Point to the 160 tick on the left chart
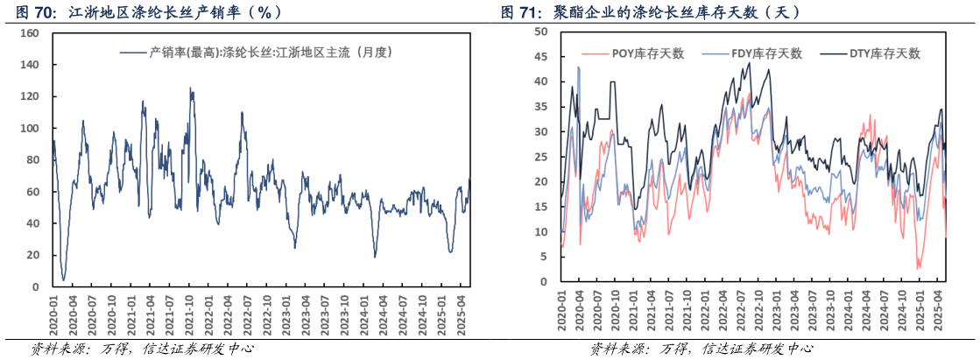point(29,33)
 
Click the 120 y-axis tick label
point(29,97)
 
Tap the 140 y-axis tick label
point(29,66)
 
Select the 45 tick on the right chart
point(539,57)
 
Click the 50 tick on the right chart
point(539,32)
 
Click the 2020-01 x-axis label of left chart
point(53,313)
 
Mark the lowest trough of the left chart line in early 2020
point(64,280)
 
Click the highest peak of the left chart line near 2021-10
point(190,88)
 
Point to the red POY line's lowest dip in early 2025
point(919,268)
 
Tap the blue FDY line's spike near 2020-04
point(578,67)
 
